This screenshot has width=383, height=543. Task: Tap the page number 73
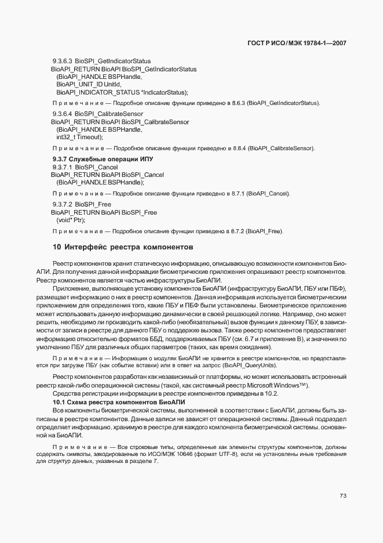tap(342, 495)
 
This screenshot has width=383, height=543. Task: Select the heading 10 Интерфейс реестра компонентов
tap(123, 247)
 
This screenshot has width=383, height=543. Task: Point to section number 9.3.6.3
tap(61, 61)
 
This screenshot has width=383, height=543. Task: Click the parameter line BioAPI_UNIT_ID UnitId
tap(85, 84)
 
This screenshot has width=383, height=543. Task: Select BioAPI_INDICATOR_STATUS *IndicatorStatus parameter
tap(122, 92)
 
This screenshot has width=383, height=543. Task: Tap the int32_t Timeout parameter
tap(79, 137)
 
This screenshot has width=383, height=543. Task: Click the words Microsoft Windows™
tap(275, 386)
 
